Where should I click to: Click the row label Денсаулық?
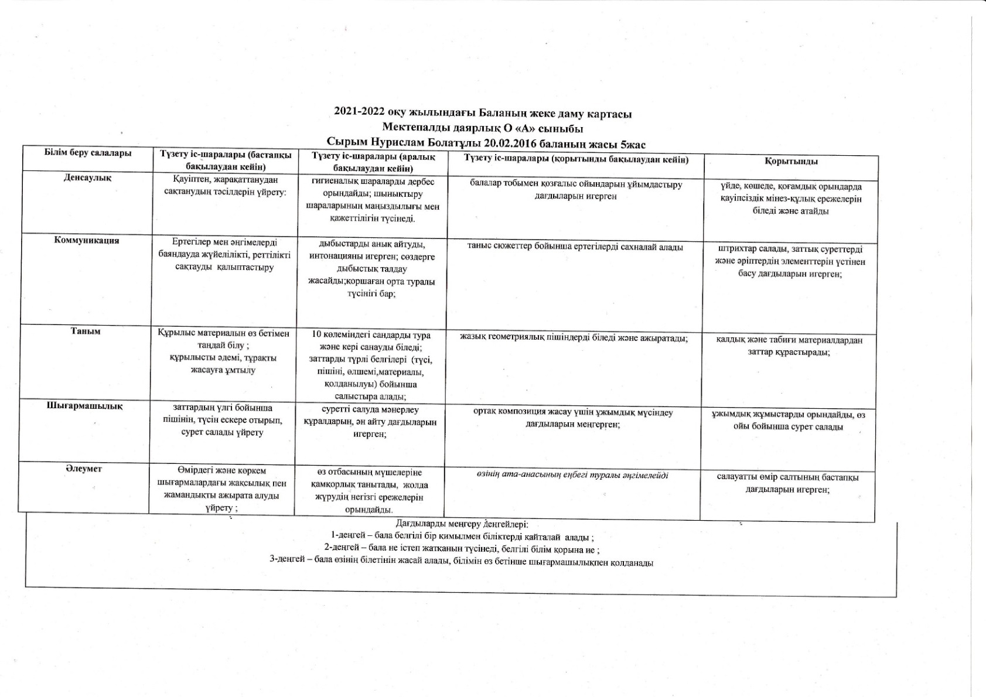pos(87,177)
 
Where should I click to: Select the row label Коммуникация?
pos(87,240)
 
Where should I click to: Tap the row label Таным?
pos(86,331)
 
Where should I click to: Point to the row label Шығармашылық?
pos(85,405)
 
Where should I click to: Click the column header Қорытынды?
pos(791,161)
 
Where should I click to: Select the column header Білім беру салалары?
pos(88,153)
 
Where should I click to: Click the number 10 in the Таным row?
pos(317,335)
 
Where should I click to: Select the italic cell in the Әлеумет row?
pos(572,475)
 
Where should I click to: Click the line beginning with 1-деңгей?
pos(463,537)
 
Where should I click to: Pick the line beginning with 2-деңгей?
pos(462,549)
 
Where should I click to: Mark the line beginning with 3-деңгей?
pos(461,562)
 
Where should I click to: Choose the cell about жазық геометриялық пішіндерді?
pos(574,337)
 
